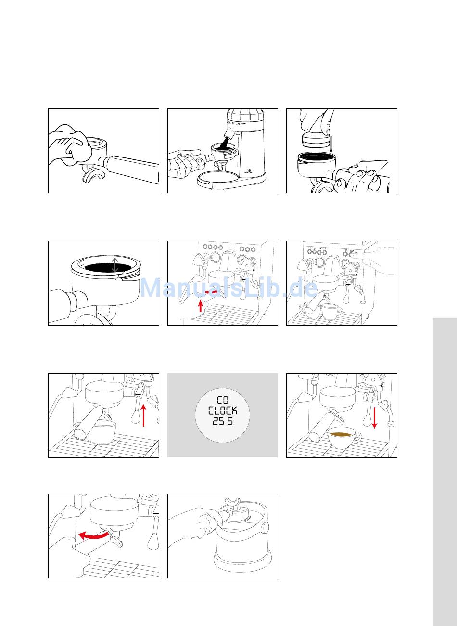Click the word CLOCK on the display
click(x=223, y=411)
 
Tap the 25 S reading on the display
click(x=223, y=421)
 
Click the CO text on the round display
click(x=223, y=401)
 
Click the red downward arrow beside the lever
click(x=375, y=417)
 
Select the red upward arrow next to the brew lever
click(x=143, y=416)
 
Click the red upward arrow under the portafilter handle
click(x=200, y=305)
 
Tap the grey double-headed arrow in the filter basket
click(x=115, y=265)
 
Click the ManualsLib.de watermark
click(x=228, y=288)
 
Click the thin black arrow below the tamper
click(x=331, y=144)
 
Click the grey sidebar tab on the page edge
click(x=445, y=472)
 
